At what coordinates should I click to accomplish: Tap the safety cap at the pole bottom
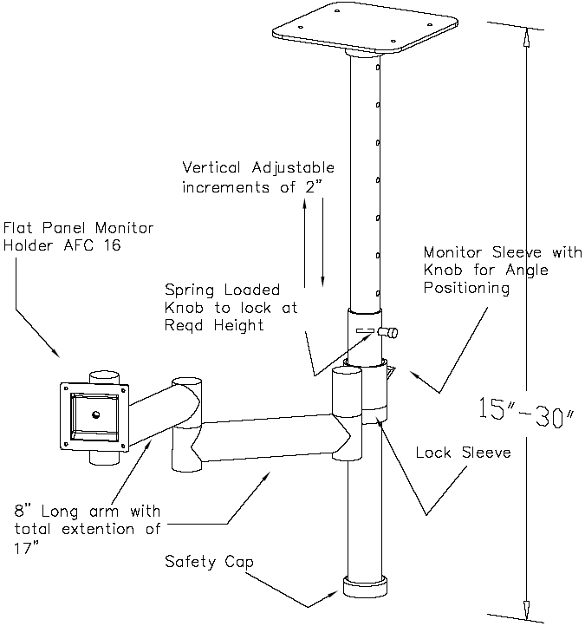tap(363, 585)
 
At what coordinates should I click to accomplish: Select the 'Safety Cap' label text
tap(209, 562)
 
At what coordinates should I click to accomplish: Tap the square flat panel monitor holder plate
tap(92, 413)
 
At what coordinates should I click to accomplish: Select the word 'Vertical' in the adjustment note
tap(210, 167)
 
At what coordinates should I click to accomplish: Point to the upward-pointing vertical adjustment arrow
tap(305, 243)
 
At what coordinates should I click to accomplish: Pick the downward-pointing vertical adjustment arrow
tap(322, 243)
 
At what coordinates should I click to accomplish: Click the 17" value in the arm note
tap(28, 547)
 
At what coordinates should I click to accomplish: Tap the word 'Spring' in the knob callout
tap(187, 290)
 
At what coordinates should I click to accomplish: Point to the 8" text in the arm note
tap(26, 511)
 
